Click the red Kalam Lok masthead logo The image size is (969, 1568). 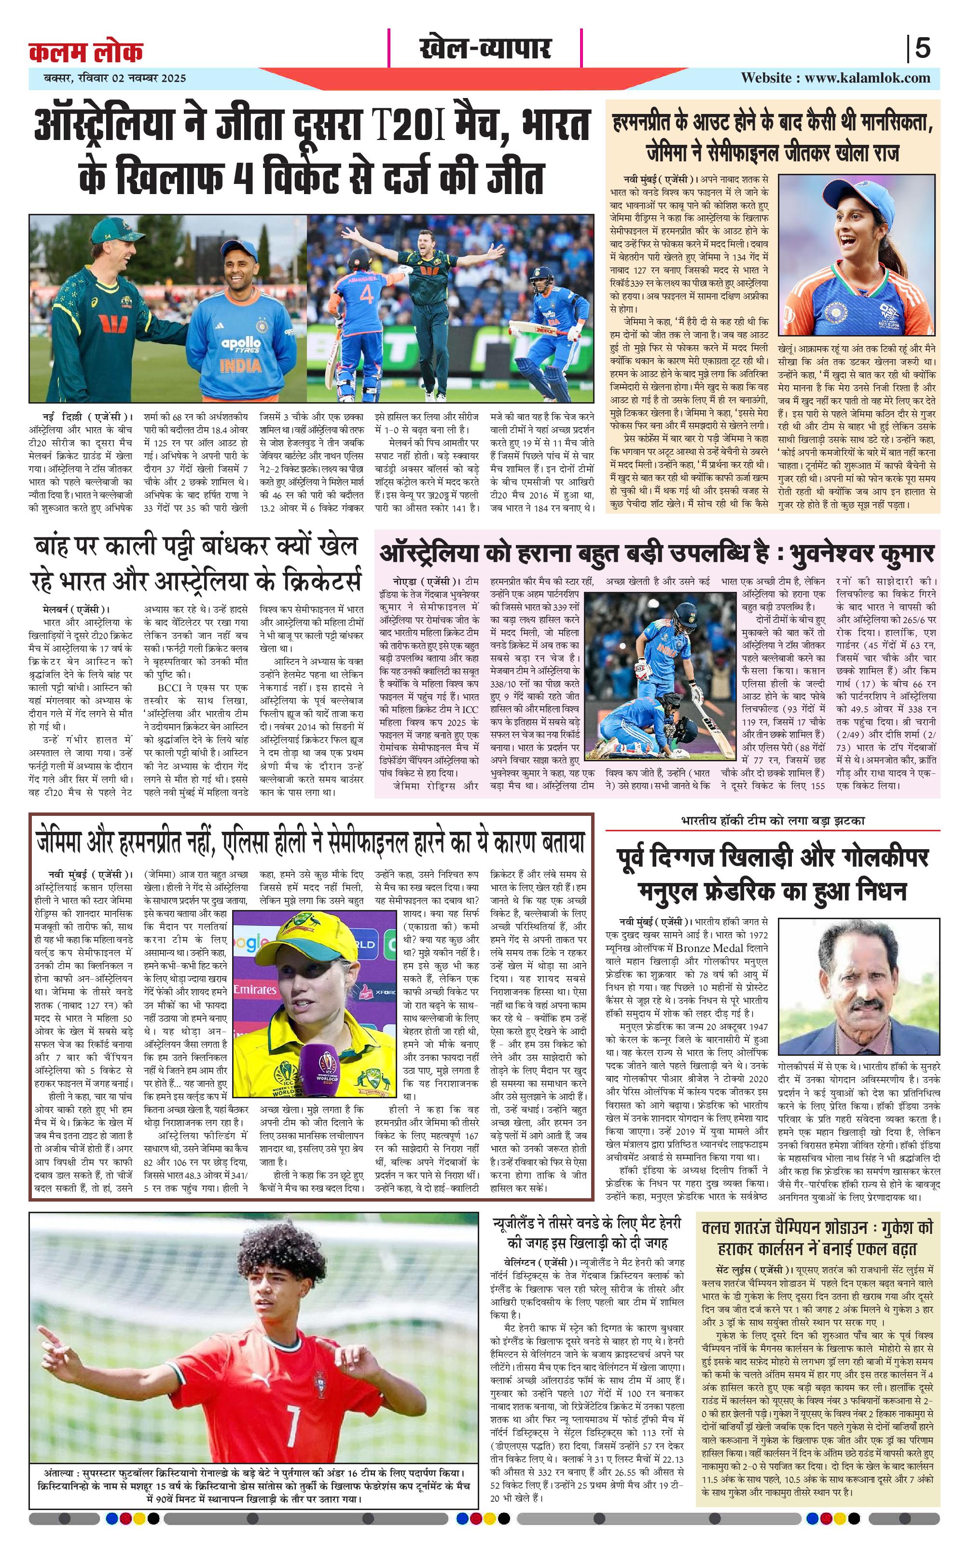85,51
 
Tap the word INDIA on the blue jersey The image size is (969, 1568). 240,366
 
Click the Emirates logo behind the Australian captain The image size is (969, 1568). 254,990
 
